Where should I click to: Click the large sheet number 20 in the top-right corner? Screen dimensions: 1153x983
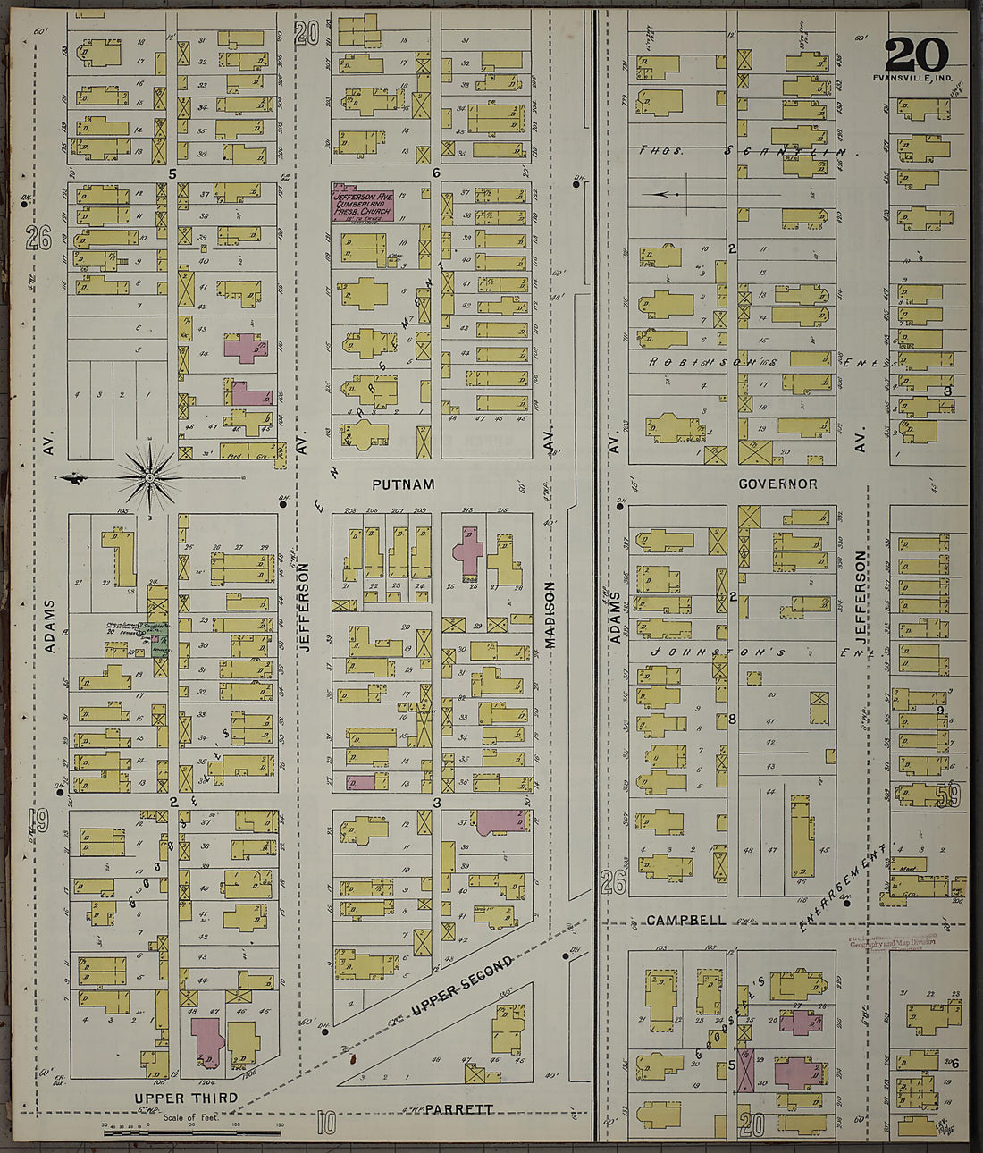(x=916, y=55)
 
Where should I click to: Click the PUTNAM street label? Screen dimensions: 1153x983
(x=403, y=484)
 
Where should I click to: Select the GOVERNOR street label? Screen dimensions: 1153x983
(x=777, y=484)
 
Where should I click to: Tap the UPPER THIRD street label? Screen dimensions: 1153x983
(x=186, y=1098)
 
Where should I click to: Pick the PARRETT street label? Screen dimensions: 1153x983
(x=458, y=1110)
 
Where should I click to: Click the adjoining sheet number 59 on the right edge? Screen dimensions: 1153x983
(x=947, y=795)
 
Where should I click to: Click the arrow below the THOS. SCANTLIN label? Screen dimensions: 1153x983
(x=666, y=193)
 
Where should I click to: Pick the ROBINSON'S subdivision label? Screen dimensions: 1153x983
(x=706, y=362)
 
